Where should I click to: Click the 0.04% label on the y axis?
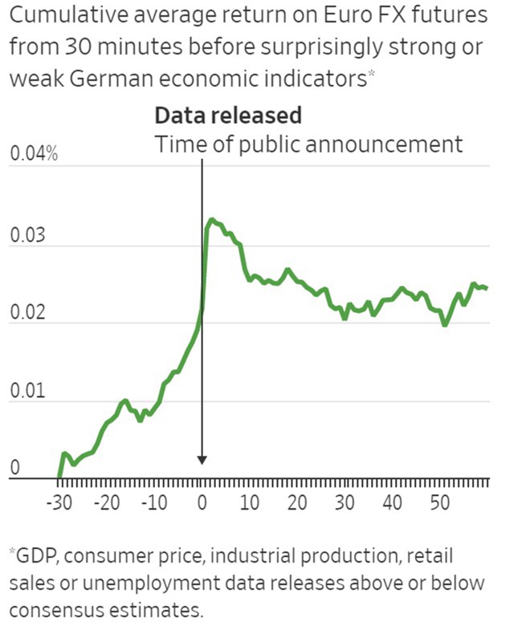tap(34, 154)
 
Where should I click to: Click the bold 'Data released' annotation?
tap(228, 116)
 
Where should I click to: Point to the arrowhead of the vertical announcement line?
tap(202, 460)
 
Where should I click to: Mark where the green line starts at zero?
tap(59, 478)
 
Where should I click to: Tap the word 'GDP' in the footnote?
tap(35, 555)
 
